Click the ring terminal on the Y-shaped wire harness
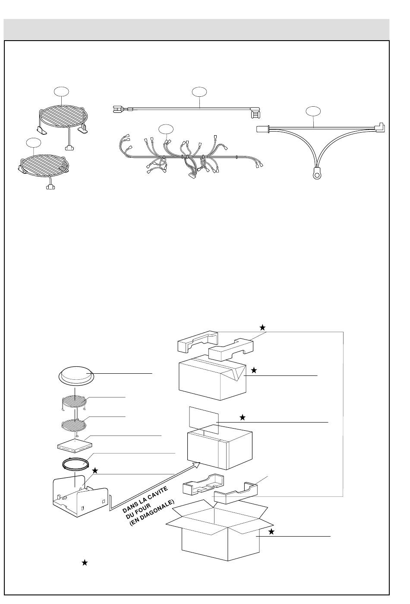[317, 176]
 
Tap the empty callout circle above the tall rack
[61, 92]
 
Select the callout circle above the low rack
[33, 143]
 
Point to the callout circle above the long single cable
[199, 92]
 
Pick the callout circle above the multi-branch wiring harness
[166, 129]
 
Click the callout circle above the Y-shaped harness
[313, 111]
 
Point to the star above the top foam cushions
[262, 327]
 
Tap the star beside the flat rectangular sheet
[243, 417]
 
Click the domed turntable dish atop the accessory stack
[76, 374]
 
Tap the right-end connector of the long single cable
[256, 112]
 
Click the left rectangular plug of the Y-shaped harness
[263, 129]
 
